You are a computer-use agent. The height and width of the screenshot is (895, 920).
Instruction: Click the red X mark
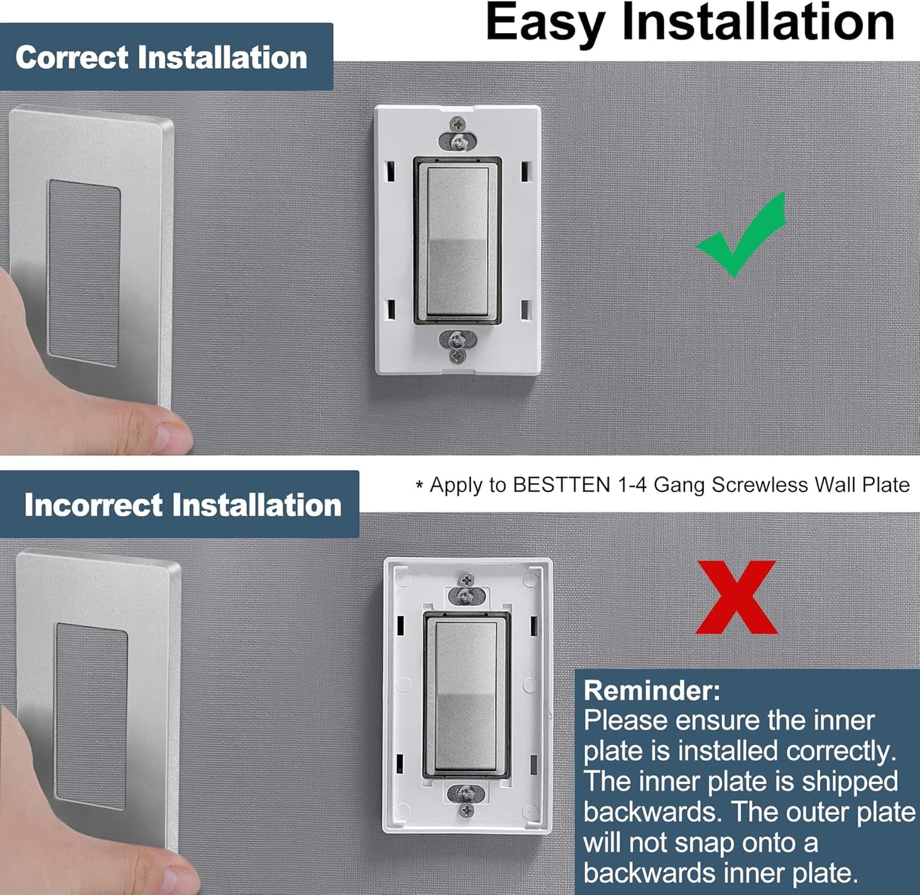[737, 597]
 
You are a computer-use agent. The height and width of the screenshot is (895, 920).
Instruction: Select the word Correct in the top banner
[72, 57]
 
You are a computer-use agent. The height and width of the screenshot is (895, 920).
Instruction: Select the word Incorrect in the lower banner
[93, 505]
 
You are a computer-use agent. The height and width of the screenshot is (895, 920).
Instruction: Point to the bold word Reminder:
[652, 691]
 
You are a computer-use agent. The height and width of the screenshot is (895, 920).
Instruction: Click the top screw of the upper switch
[457, 143]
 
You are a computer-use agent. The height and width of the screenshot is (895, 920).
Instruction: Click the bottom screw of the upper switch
[457, 339]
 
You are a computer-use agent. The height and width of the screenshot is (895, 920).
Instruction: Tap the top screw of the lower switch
[466, 595]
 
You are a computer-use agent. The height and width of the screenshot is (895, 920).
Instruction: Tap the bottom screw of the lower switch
[466, 794]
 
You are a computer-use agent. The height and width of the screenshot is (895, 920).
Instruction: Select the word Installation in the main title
[758, 23]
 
